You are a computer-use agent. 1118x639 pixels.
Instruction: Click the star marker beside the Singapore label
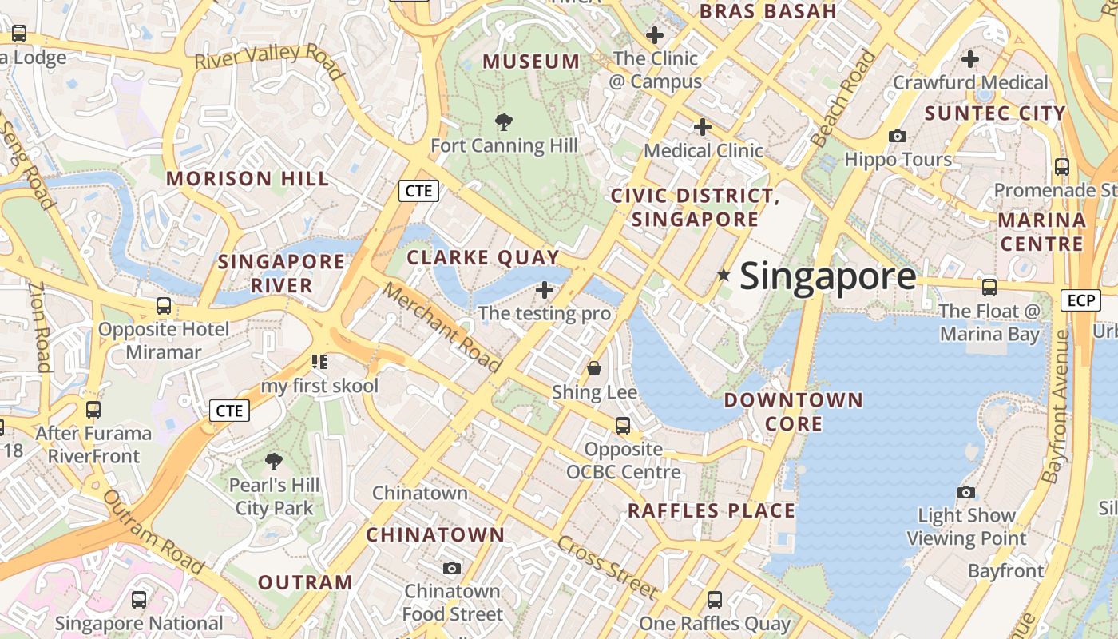[x=724, y=276]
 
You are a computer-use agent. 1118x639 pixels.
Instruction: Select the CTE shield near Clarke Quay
[x=418, y=190]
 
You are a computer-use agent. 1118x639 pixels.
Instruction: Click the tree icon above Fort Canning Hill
[x=504, y=122]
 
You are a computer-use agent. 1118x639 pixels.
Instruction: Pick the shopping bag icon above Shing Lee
[x=594, y=368]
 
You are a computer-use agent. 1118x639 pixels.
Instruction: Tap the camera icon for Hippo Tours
[x=898, y=136]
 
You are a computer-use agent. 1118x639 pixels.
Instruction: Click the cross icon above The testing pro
[x=545, y=289]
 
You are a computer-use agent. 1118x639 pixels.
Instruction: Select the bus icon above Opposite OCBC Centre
[x=623, y=426]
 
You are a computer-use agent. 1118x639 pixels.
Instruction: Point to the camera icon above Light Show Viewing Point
[x=966, y=492]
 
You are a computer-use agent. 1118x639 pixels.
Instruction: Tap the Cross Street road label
[x=608, y=567]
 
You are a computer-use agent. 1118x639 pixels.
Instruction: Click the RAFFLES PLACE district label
[x=711, y=511]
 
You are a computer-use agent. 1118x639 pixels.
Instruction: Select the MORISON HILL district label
[x=248, y=178]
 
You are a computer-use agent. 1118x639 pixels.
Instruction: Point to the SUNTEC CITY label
[x=995, y=113]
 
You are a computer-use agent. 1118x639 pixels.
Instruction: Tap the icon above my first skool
[x=319, y=362]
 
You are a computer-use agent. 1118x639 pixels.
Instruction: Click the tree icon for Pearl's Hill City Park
[x=274, y=461]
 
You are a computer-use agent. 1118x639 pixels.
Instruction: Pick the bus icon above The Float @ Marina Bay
[x=989, y=288]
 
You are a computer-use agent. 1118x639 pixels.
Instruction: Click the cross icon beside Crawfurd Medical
[x=970, y=59]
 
